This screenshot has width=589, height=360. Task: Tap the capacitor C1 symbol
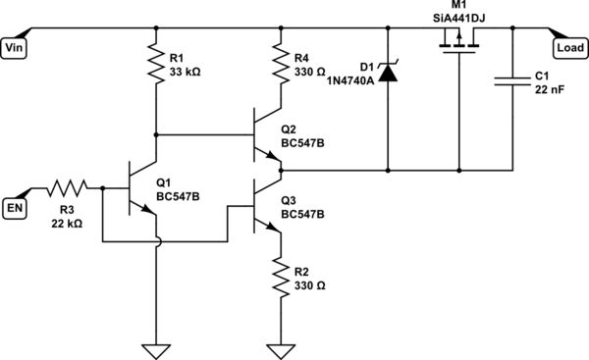pyautogui.click(x=512, y=81)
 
